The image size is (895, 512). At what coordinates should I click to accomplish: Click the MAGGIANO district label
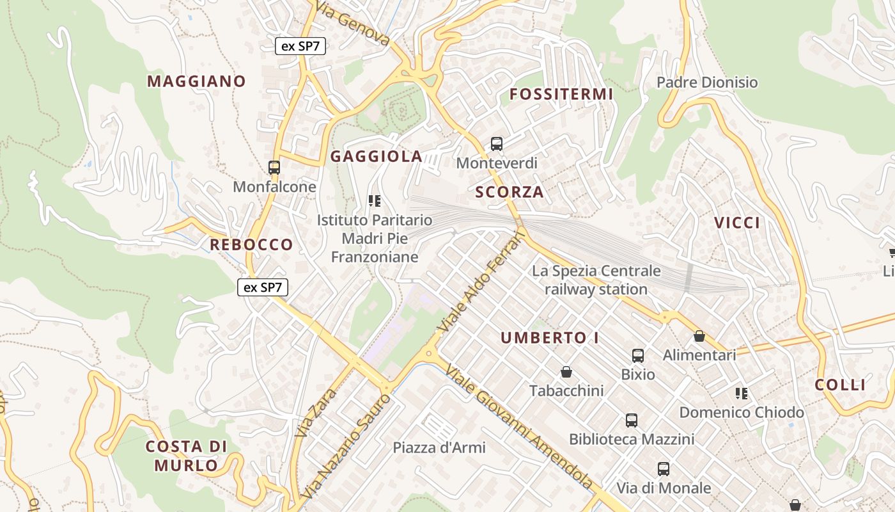coord(196,81)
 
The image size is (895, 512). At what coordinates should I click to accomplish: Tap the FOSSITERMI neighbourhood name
coord(561,95)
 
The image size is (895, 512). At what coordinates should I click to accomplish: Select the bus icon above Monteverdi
coord(497,144)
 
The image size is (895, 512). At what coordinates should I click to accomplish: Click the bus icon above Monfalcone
coord(274,168)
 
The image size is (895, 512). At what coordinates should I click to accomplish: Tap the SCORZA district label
coord(510,192)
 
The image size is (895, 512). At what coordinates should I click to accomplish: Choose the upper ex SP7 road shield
coord(300,46)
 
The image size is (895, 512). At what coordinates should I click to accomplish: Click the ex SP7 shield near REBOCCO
coord(263,287)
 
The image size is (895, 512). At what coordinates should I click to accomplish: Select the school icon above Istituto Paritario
coord(375,202)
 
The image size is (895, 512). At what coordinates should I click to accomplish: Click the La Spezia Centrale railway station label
coord(596,280)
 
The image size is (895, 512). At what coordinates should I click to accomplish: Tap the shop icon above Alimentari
coord(699,336)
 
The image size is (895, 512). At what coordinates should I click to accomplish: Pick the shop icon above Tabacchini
coord(566,372)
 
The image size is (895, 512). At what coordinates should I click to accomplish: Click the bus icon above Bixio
coord(638,356)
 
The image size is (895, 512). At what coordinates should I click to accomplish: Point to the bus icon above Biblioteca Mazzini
coord(632,420)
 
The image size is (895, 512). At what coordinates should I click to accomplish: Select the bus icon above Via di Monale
coord(664,469)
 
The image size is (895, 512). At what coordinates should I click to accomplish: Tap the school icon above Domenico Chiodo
coord(742,394)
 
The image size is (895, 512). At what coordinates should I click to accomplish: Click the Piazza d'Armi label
coord(439,447)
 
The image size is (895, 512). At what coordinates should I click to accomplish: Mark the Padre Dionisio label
coord(707,83)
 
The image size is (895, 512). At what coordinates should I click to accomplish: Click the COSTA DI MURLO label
coord(186,456)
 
